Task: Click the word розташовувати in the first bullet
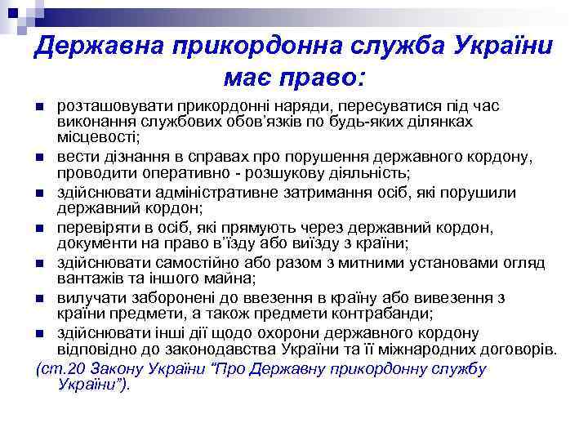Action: [105, 107]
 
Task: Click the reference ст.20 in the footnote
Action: [65, 369]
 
